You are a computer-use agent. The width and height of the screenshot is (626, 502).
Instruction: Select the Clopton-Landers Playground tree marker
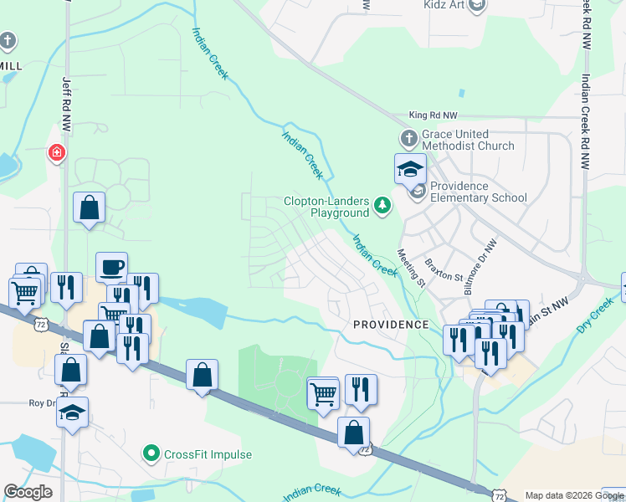coord(382,205)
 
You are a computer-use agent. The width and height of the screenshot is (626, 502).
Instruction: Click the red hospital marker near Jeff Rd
coord(56,153)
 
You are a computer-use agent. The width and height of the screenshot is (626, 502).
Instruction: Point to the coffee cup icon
coord(111,268)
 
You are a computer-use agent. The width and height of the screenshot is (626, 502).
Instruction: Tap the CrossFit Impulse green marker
coord(151,454)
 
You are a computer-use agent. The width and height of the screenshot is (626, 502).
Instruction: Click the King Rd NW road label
coord(434,116)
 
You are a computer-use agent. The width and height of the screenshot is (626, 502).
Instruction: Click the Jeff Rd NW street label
coord(66,104)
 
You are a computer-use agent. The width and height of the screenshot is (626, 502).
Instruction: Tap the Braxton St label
coord(444,269)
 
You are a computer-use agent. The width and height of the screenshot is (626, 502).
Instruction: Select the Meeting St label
coord(411,267)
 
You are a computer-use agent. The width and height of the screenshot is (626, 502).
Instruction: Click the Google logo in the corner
coord(28,492)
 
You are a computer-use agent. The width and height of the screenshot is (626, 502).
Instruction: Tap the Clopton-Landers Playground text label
coord(327,207)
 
